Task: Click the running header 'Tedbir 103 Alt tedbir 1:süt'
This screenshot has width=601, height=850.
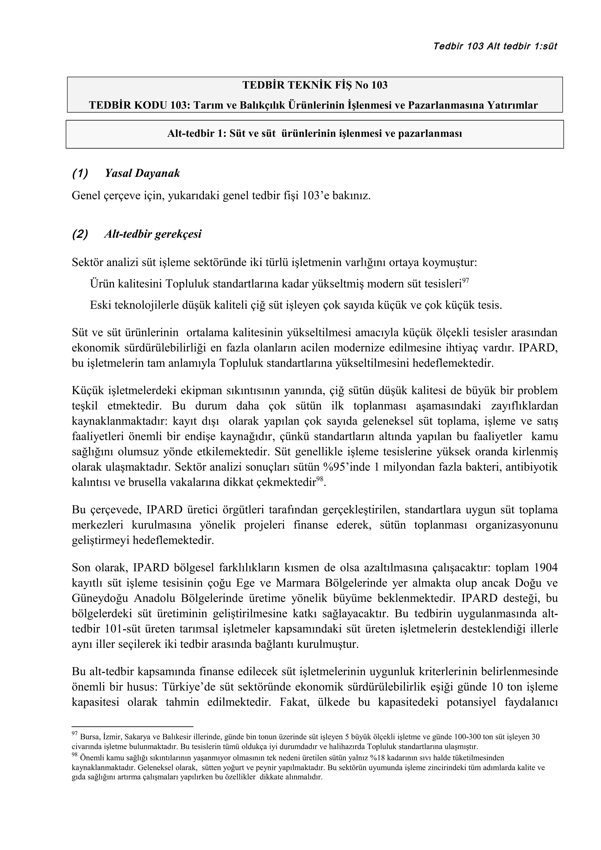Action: [495, 46]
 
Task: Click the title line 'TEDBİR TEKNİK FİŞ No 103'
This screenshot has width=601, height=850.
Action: [315, 86]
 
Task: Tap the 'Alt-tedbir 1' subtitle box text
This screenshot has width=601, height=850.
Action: [314, 134]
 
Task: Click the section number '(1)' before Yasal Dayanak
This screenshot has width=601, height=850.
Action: [80, 173]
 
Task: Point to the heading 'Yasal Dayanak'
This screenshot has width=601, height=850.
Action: [142, 173]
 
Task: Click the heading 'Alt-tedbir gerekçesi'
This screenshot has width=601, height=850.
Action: [153, 234]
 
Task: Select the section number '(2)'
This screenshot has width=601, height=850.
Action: [80, 234]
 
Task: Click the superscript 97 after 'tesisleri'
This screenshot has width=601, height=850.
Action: [465, 281]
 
